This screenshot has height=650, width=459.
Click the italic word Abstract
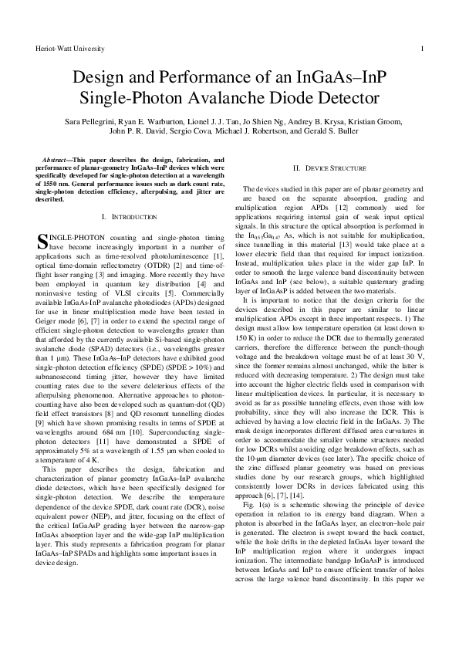pyautogui.click(x=59, y=161)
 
